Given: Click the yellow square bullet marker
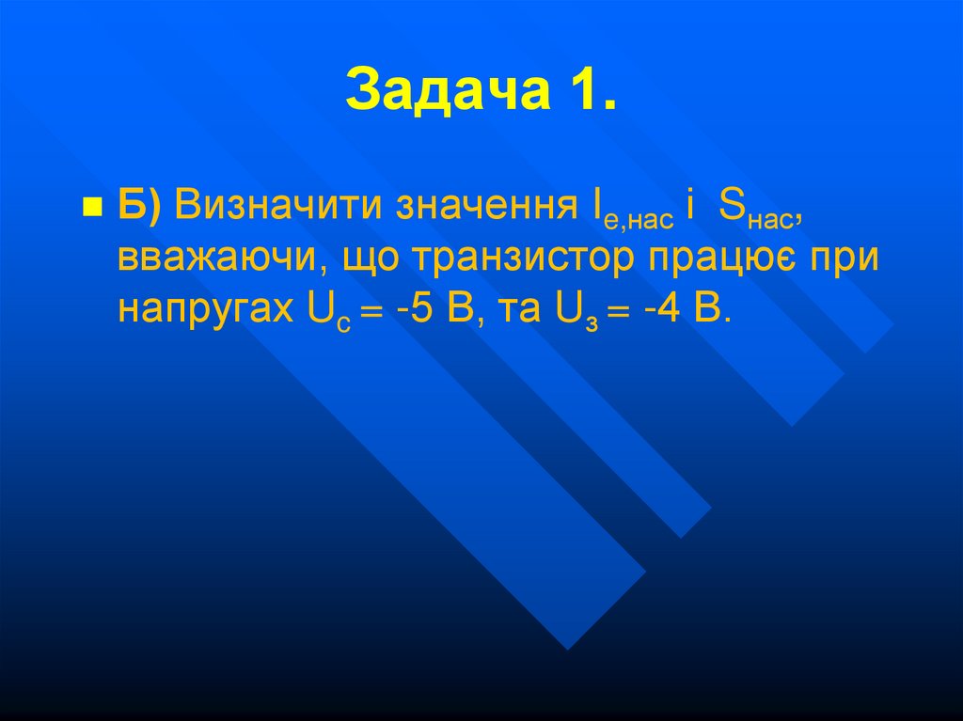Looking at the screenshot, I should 92,208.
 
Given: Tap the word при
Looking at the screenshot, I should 843,259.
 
